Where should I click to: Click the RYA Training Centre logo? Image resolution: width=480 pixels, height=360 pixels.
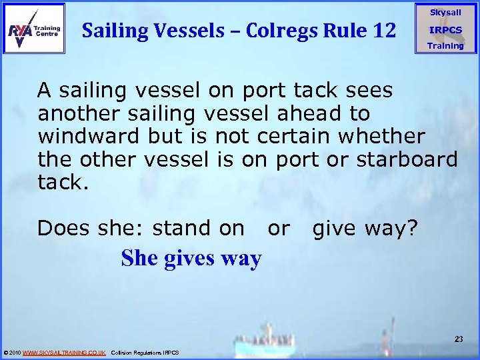click(x=34, y=29)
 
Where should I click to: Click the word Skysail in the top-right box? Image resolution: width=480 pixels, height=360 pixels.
click(x=445, y=13)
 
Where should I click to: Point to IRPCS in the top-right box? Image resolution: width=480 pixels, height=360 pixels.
click(x=445, y=30)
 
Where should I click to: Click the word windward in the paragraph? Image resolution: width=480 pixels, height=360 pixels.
click(x=89, y=136)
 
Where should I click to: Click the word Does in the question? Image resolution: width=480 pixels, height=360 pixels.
click(x=63, y=228)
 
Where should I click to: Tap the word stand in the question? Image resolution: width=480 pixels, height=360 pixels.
click(x=175, y=228)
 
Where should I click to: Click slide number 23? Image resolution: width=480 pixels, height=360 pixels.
click(x=459, y=339)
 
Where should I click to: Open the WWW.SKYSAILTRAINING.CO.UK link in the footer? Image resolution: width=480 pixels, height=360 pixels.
click(x=64, y=352)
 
